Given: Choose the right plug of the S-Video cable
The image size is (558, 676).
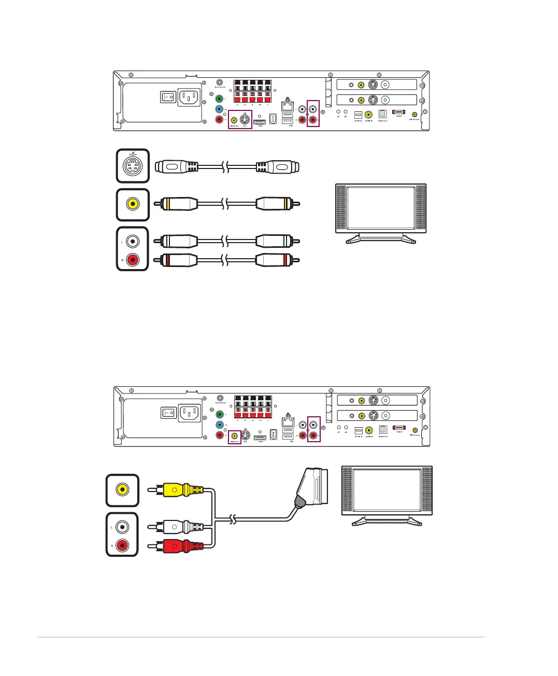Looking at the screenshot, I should point(277,167).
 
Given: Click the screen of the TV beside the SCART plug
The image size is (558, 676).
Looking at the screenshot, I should point(387,490).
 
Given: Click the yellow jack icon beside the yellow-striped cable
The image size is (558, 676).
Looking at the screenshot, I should point(133,204).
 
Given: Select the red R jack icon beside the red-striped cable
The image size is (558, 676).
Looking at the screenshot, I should point(133,259).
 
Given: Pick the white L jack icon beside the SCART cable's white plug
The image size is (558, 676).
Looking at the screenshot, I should point(122,527).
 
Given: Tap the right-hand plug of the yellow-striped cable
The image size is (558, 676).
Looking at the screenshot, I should point(277,204).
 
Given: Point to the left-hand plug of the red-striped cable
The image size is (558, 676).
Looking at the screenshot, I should point(179,259).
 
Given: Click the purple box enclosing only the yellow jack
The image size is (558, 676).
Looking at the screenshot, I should point(234,436).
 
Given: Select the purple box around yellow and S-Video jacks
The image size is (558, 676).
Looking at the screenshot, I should point(240,119).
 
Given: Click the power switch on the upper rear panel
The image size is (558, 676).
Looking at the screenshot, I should point(168,97).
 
